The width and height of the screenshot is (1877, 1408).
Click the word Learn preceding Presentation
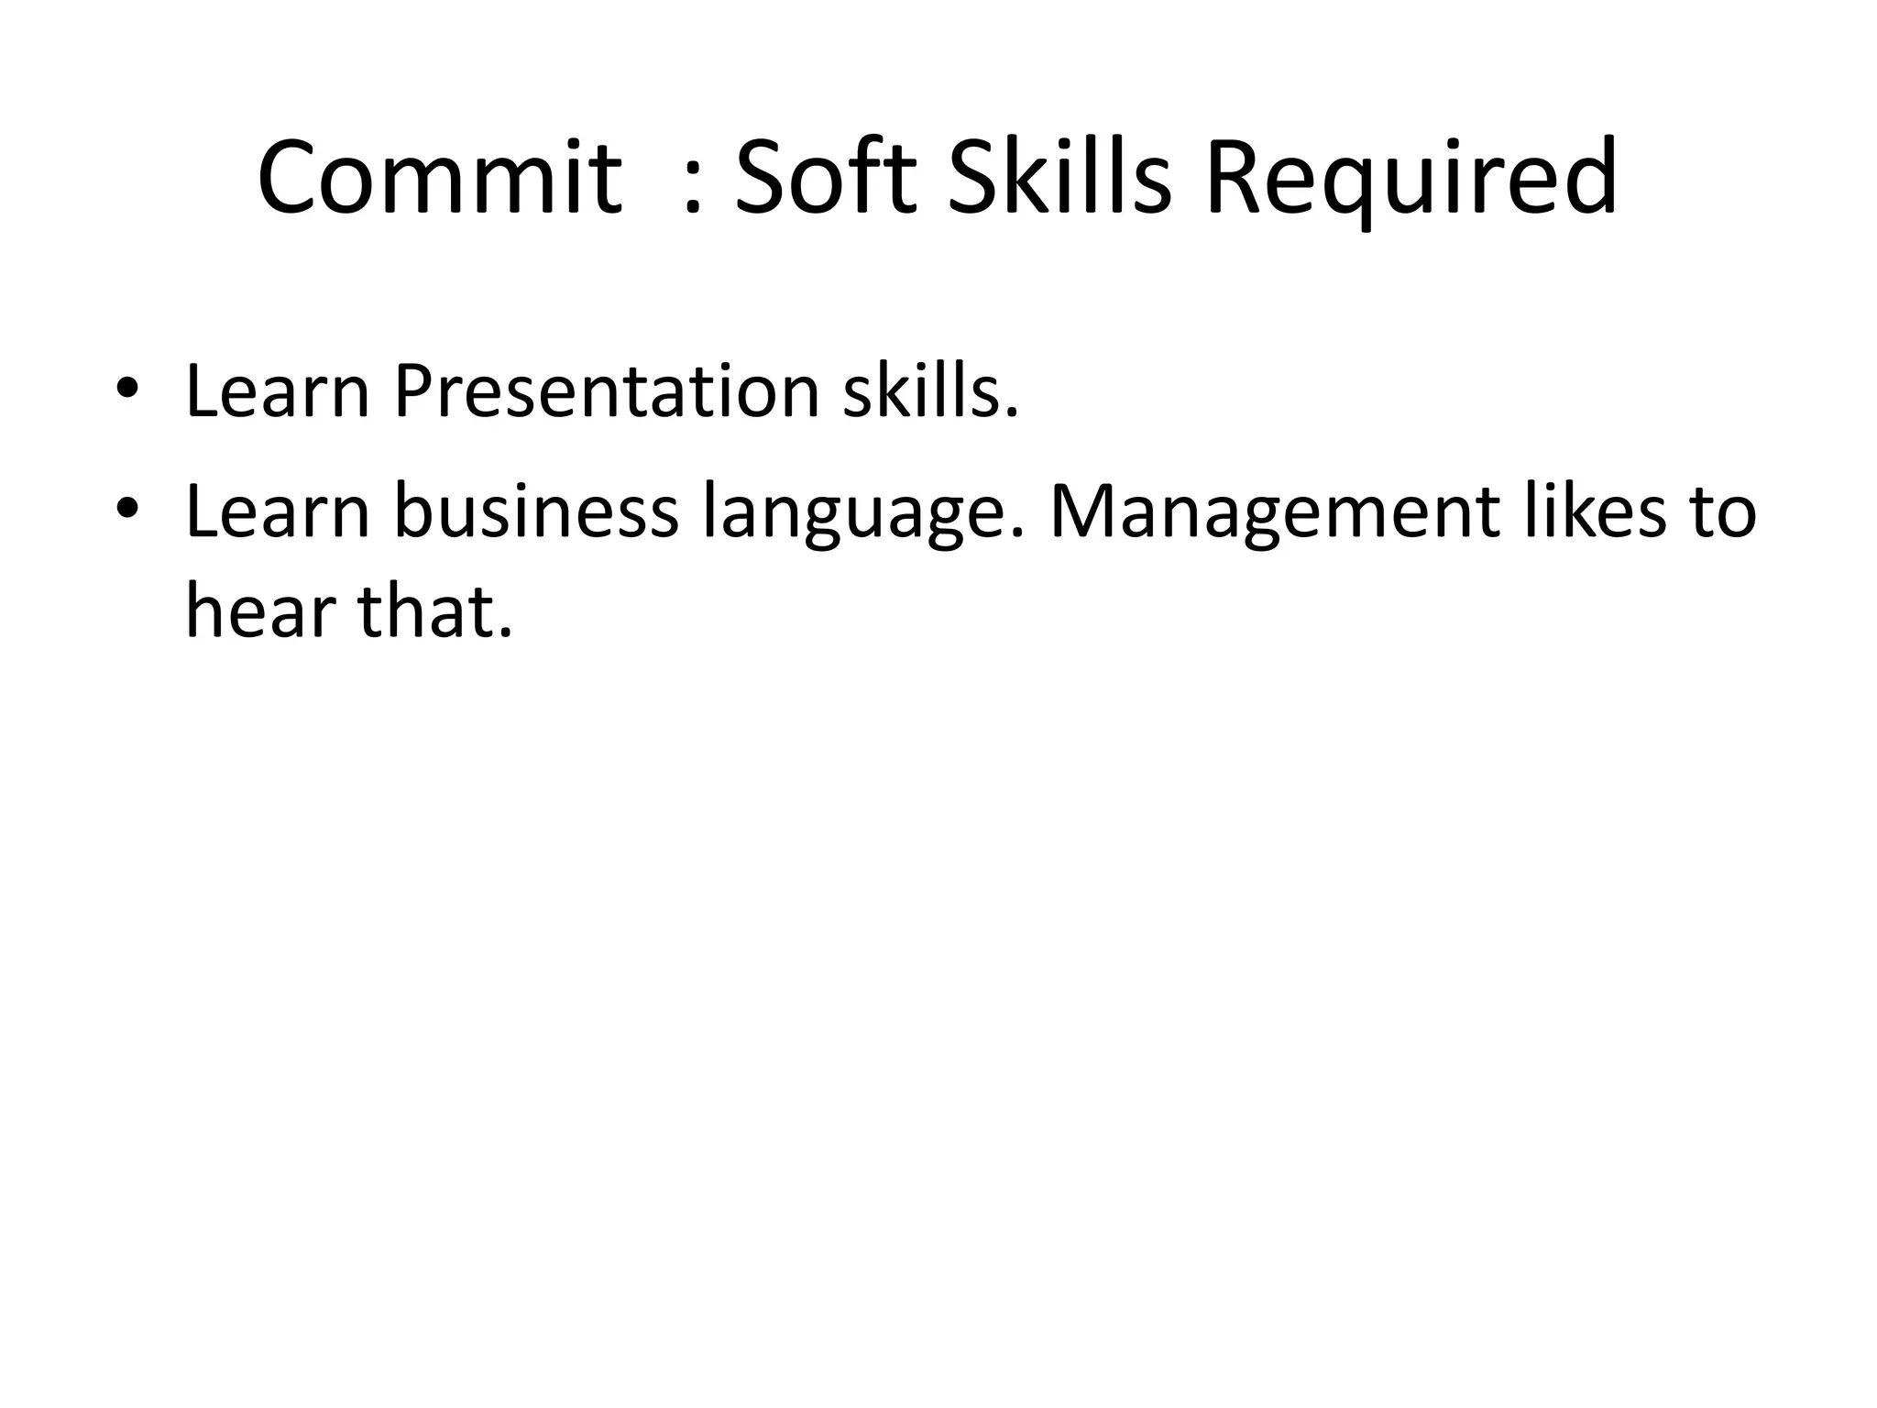pos(278,391)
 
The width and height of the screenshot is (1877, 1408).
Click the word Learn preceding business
pos(278,511)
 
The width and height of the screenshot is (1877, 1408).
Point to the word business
pos(536,511)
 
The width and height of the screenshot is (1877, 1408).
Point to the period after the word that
pos(503,633)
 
